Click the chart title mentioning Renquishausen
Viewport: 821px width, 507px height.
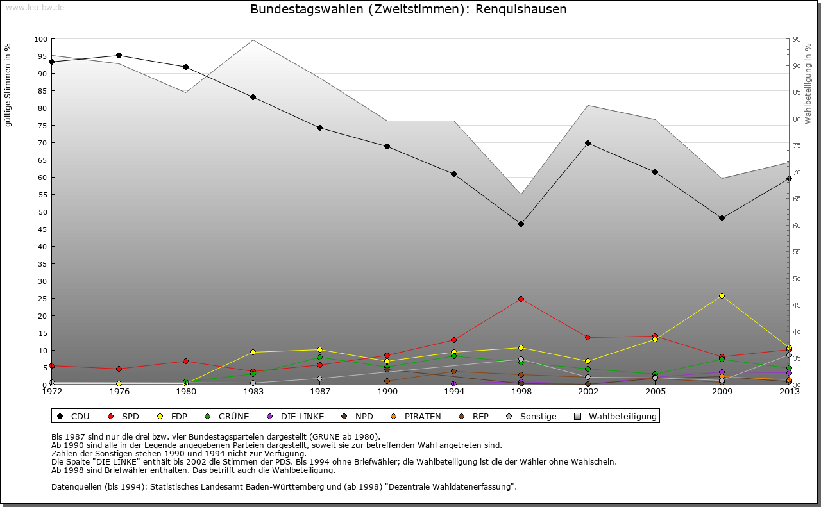(409, 10)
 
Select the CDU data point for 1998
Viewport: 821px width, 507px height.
(521, 224)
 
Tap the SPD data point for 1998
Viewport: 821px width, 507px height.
(521, 299)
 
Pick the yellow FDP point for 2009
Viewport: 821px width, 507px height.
(722, 295)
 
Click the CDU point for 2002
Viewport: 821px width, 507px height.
(588, 143)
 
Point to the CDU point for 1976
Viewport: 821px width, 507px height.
(119, 55)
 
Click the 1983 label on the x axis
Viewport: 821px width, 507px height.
(253, 392)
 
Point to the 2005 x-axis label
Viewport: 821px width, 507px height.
(655, 392)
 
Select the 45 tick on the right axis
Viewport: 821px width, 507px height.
(797, 305)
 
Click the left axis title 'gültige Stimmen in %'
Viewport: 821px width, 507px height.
(8, 85)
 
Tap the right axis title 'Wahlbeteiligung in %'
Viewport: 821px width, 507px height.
(808, 83)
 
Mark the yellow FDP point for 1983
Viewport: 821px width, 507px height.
(253, 352)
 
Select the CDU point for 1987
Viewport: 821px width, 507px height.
(319, 128)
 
